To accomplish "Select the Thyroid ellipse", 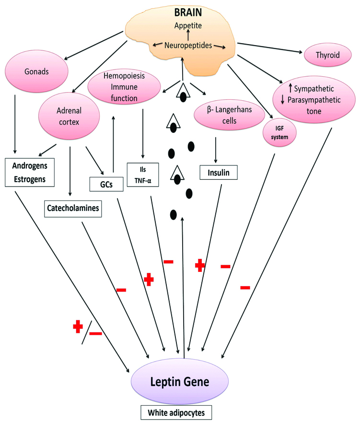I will (x=327, y=55).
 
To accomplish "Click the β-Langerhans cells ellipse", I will (x=229, y=116).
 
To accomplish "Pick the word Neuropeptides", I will (x=188, y=45).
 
